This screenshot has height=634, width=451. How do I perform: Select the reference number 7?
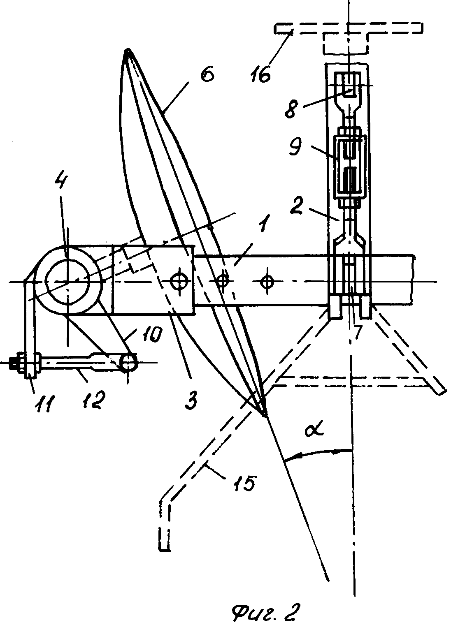(357, 332)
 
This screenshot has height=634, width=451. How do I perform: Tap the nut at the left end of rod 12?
(14, 362)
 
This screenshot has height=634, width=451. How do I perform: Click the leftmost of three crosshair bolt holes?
(179, 281)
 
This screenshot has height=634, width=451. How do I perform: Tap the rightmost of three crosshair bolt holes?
(266, 281)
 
